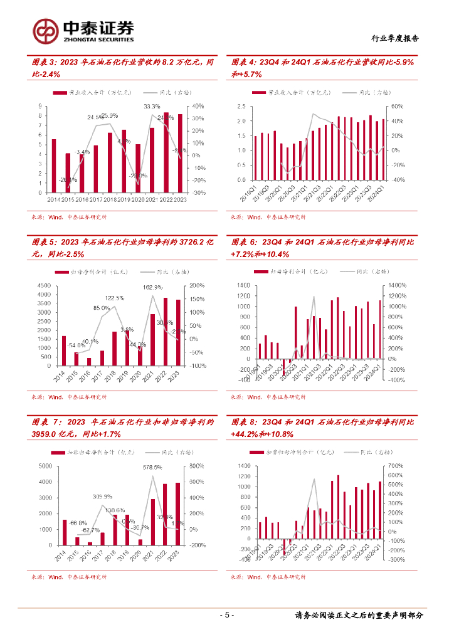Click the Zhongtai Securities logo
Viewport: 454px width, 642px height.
click(83, 29)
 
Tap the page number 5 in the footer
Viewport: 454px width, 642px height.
click(227, 615)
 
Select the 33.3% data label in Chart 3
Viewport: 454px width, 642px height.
click(152, 107)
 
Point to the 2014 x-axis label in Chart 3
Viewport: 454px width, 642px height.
click(55, 199)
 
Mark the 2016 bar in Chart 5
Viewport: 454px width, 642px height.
click(89, 362)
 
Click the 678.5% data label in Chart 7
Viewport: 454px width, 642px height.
click(152, 467)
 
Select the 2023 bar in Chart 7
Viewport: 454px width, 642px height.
click(179, 514)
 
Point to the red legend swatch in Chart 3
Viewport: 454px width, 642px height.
click(60, 92)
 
